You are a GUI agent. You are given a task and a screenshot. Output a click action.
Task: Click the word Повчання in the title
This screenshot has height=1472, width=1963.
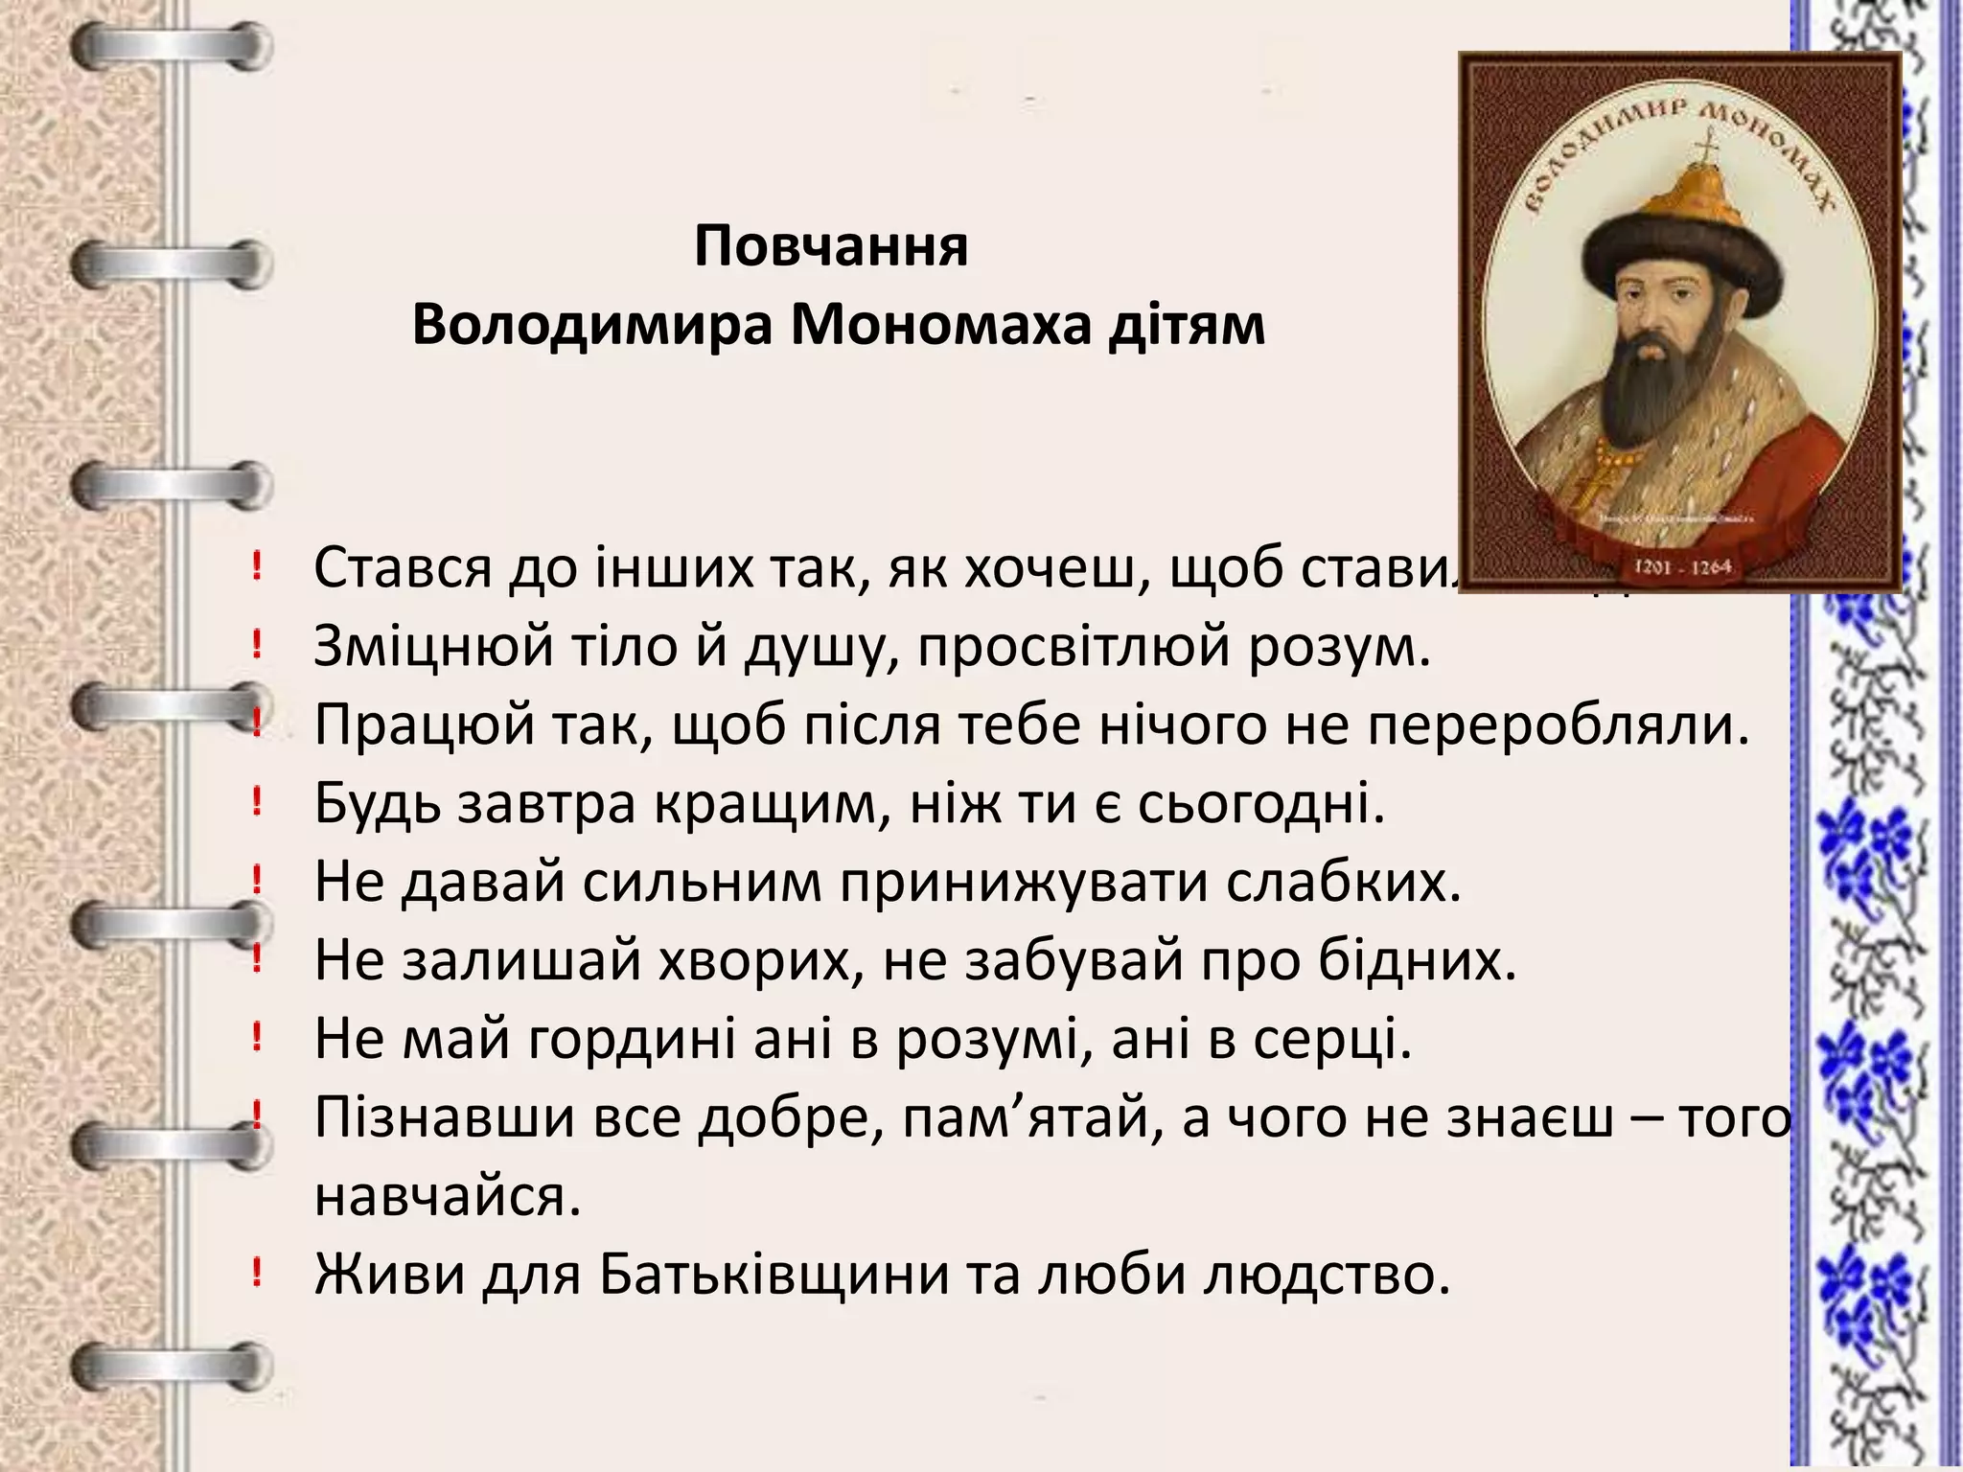coord(831,246)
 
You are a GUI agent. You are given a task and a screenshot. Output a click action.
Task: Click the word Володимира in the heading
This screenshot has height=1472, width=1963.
coord(592,325)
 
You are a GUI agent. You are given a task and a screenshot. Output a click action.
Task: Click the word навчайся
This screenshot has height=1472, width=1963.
coord(448,1196)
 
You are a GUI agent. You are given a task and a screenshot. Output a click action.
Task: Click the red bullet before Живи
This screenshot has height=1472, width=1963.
coord(256,1273)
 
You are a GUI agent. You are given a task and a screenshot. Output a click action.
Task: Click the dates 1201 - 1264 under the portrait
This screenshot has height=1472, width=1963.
coord(1682,566)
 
